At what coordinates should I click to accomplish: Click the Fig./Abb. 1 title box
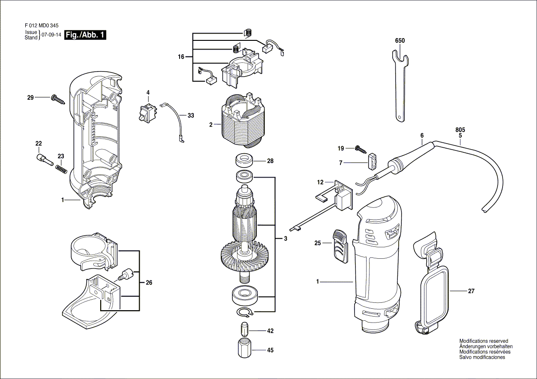pyautogui.click(x=85, y=35)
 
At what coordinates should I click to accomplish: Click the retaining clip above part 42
pyautogui.click(x=245, y=312)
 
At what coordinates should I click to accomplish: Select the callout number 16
pyautogui.click(x=181, y=57)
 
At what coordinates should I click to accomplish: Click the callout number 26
pyautogui.click(x=149, y=283)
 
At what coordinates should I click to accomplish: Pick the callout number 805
pyautogui.click(x=460, y=130)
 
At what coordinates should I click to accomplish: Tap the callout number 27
pyautogui.click(x=471, y=291)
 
